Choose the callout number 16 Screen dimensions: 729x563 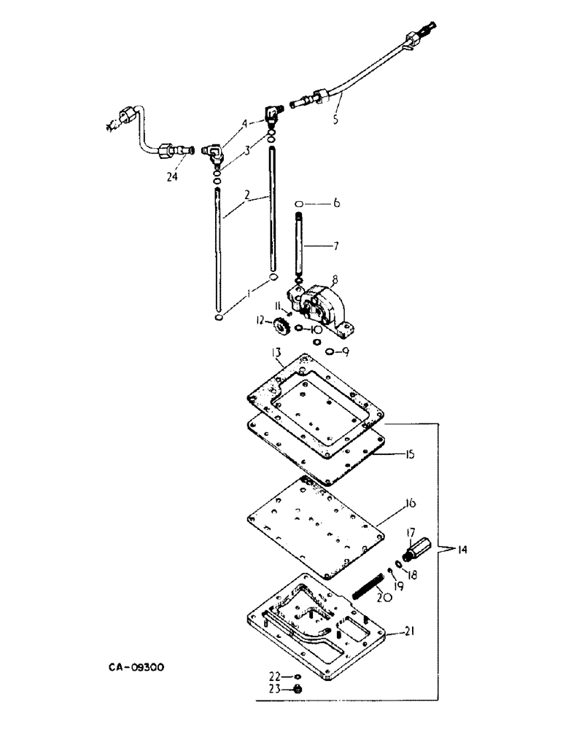tap(410, 503)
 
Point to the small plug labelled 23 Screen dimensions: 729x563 tap(297, 687)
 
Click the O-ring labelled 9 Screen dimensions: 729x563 tap(330, 352)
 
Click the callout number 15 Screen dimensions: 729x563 tap(411, 454)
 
